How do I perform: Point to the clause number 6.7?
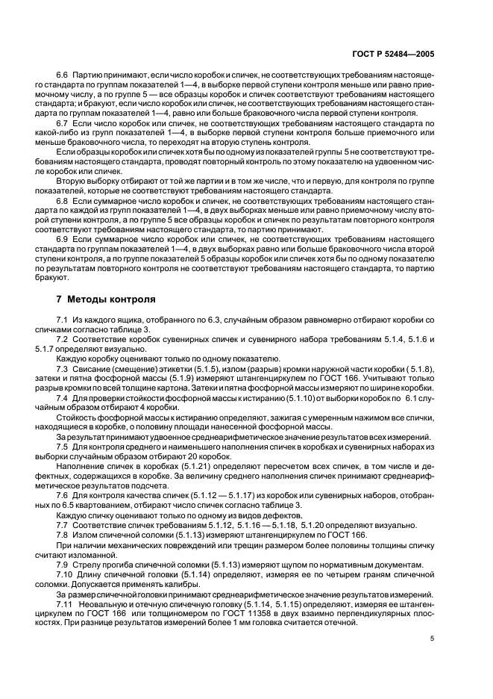[63, 121]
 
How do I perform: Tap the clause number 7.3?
[63, 368]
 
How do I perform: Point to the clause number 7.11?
[65, 603]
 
